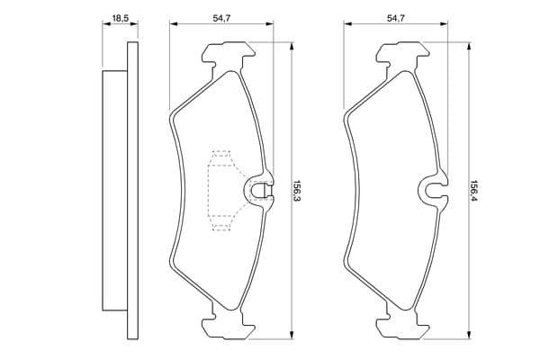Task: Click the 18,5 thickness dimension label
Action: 121,18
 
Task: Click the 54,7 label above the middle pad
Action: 221,18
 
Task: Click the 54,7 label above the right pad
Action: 396,18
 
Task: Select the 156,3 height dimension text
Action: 296,191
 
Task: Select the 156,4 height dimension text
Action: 474,191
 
